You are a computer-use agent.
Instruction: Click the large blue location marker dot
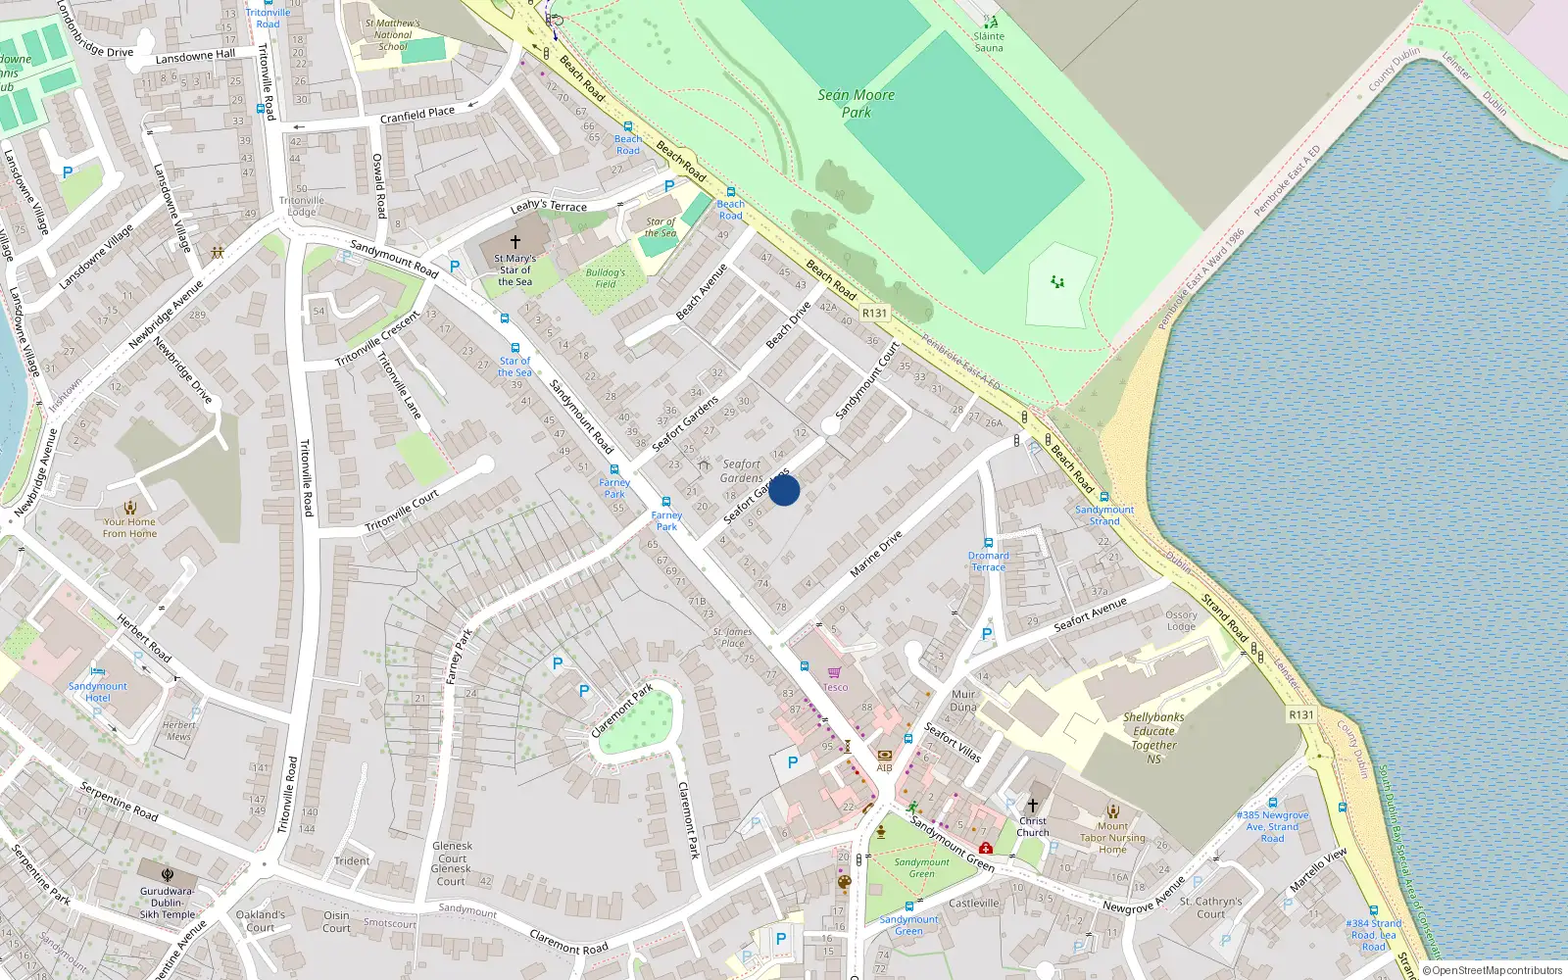coord(784,490)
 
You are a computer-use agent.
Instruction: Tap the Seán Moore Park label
coord(856,103)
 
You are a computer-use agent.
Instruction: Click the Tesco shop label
coord(835,687)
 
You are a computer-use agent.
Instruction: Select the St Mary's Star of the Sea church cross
coord(515,241)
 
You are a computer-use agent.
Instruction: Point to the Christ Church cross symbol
coord(1032,805)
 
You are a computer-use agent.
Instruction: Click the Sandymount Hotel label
coord(97,692)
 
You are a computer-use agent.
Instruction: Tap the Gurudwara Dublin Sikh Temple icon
coord(168,873)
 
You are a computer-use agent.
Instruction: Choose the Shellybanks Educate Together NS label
coord(1153,738)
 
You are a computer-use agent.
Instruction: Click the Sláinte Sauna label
coord(988,42)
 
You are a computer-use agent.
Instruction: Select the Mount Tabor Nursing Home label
coord(1112,838)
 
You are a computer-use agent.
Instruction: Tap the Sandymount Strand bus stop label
coord(1104,515)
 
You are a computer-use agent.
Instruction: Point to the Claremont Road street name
coord(568,942)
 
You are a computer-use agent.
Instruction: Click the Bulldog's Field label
coord(606,278)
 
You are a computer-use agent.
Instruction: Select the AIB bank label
coord(884,767)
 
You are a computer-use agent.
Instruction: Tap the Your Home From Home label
coord(129,527)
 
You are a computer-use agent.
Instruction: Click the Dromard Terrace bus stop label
coord(988,561)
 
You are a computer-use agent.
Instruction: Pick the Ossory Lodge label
coord(1181,620)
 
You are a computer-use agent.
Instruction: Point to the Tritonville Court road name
coord(402,512)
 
